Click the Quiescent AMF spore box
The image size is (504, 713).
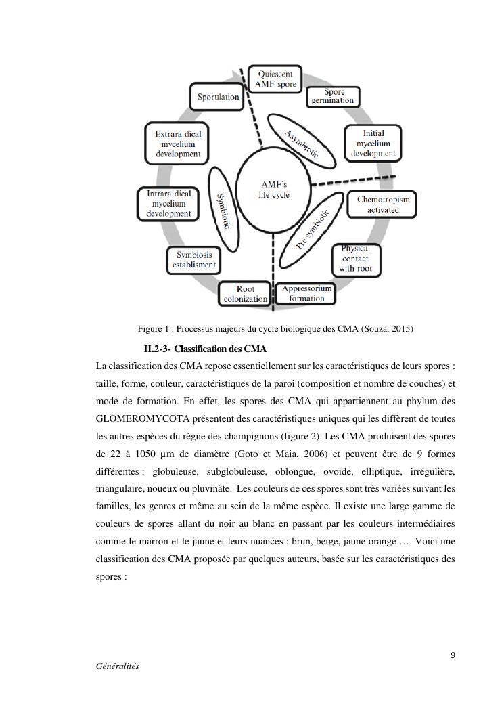(275, 79)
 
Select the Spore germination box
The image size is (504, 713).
(332, 96)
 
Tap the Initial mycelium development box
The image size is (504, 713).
(373, 144)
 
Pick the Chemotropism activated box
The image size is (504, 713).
(383, 204)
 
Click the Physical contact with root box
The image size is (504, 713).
(356, 259)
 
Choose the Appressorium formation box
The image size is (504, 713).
(307, 293)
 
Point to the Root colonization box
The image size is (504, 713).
(245, 294)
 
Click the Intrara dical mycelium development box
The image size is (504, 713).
(169, 204)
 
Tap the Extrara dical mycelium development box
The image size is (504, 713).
(178, 144)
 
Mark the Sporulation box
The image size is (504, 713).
(218, 97)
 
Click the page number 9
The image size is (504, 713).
(453, 655)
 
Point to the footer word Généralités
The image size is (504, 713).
(118, 666)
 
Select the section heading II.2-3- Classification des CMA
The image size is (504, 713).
(205, 349)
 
